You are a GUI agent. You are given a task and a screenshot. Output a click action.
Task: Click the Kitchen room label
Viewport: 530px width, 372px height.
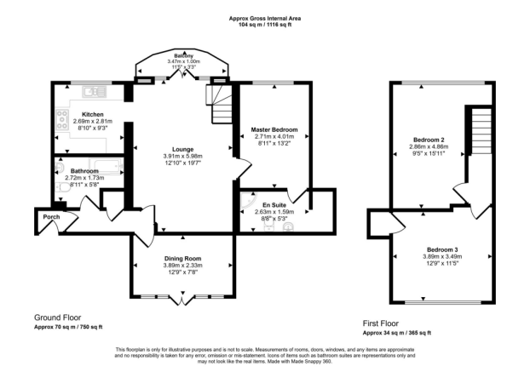pyautogui.click(x=92, y=114)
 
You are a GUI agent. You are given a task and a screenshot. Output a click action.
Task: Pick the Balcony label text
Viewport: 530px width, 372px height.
pyautogui.click(x=184, y=54)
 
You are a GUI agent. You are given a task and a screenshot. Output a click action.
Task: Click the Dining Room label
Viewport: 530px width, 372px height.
pyautogui.click(x=182, y=258)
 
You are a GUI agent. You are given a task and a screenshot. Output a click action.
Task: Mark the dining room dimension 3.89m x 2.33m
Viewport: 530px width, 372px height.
pyautogui.click(x=182, y=266)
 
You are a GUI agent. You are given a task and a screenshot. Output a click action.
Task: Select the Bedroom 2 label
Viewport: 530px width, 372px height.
pyautogui.click(x=426, y=139)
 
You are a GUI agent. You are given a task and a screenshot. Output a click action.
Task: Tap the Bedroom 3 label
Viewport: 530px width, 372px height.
pyautogui.click(x=441, y=249)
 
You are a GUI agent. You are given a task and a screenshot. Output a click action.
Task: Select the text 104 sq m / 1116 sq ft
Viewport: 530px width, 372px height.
pyautogui.click(x=265, y=25)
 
